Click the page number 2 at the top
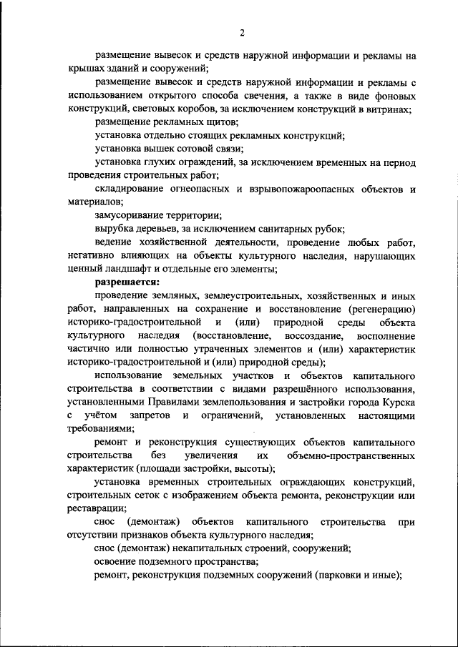point(242,32)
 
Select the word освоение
point(117,563)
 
